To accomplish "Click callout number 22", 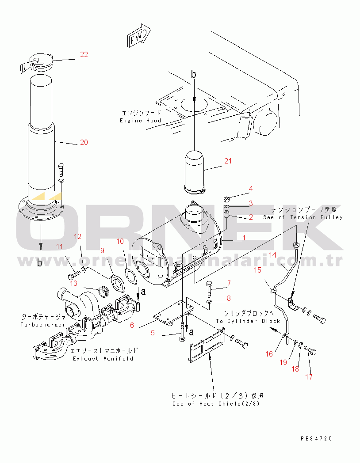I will (84, 55).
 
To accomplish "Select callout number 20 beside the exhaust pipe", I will (84, 142).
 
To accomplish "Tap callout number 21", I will (227, 161).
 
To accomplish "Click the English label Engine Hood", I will (141, 121).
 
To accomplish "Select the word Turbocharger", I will (43, 325).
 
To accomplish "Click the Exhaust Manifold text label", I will (103, 359).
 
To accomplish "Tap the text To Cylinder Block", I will (248, 321).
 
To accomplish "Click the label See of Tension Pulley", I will (303, 217).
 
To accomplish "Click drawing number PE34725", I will (316, 439).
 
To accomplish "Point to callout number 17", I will (309, 377).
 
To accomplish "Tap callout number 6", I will (132, 325).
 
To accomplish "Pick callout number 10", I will (120, 241).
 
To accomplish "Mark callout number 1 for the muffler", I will (243, 238).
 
